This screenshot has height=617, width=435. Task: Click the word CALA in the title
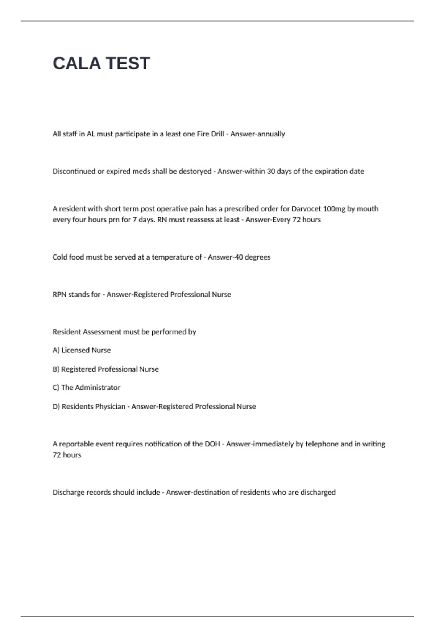[76, 63]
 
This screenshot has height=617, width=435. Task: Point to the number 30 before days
[271, 171]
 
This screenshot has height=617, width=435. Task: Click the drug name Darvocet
[306, 209]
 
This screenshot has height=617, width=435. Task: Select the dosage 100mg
[334, 209]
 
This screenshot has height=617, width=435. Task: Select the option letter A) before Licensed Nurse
[56, 350]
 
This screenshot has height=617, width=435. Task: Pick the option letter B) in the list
[56, 369]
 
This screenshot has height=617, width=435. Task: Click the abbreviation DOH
[212, 444]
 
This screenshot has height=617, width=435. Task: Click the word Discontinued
[74, 171]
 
